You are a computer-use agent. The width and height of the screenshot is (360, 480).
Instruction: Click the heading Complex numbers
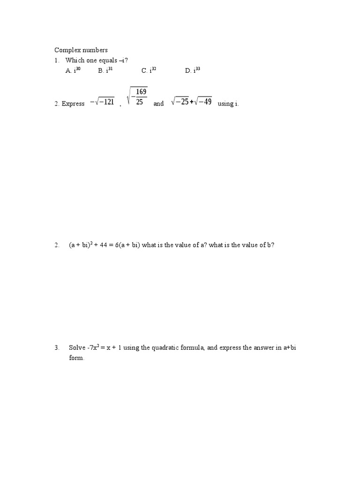[81, 50]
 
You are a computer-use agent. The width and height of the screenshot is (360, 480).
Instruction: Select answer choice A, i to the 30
[74, 70]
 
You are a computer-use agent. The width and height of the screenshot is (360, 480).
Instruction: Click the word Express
[73, 104]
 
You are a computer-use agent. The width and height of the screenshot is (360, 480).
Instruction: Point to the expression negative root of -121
[102, 102]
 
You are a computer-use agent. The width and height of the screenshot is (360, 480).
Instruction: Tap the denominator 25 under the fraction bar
[140, 102]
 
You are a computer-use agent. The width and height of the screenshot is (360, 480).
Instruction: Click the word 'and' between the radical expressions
[158, 104]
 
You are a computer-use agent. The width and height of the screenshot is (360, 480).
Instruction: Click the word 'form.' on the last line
[76, 358]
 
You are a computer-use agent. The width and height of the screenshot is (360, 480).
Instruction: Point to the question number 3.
[56, 348]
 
